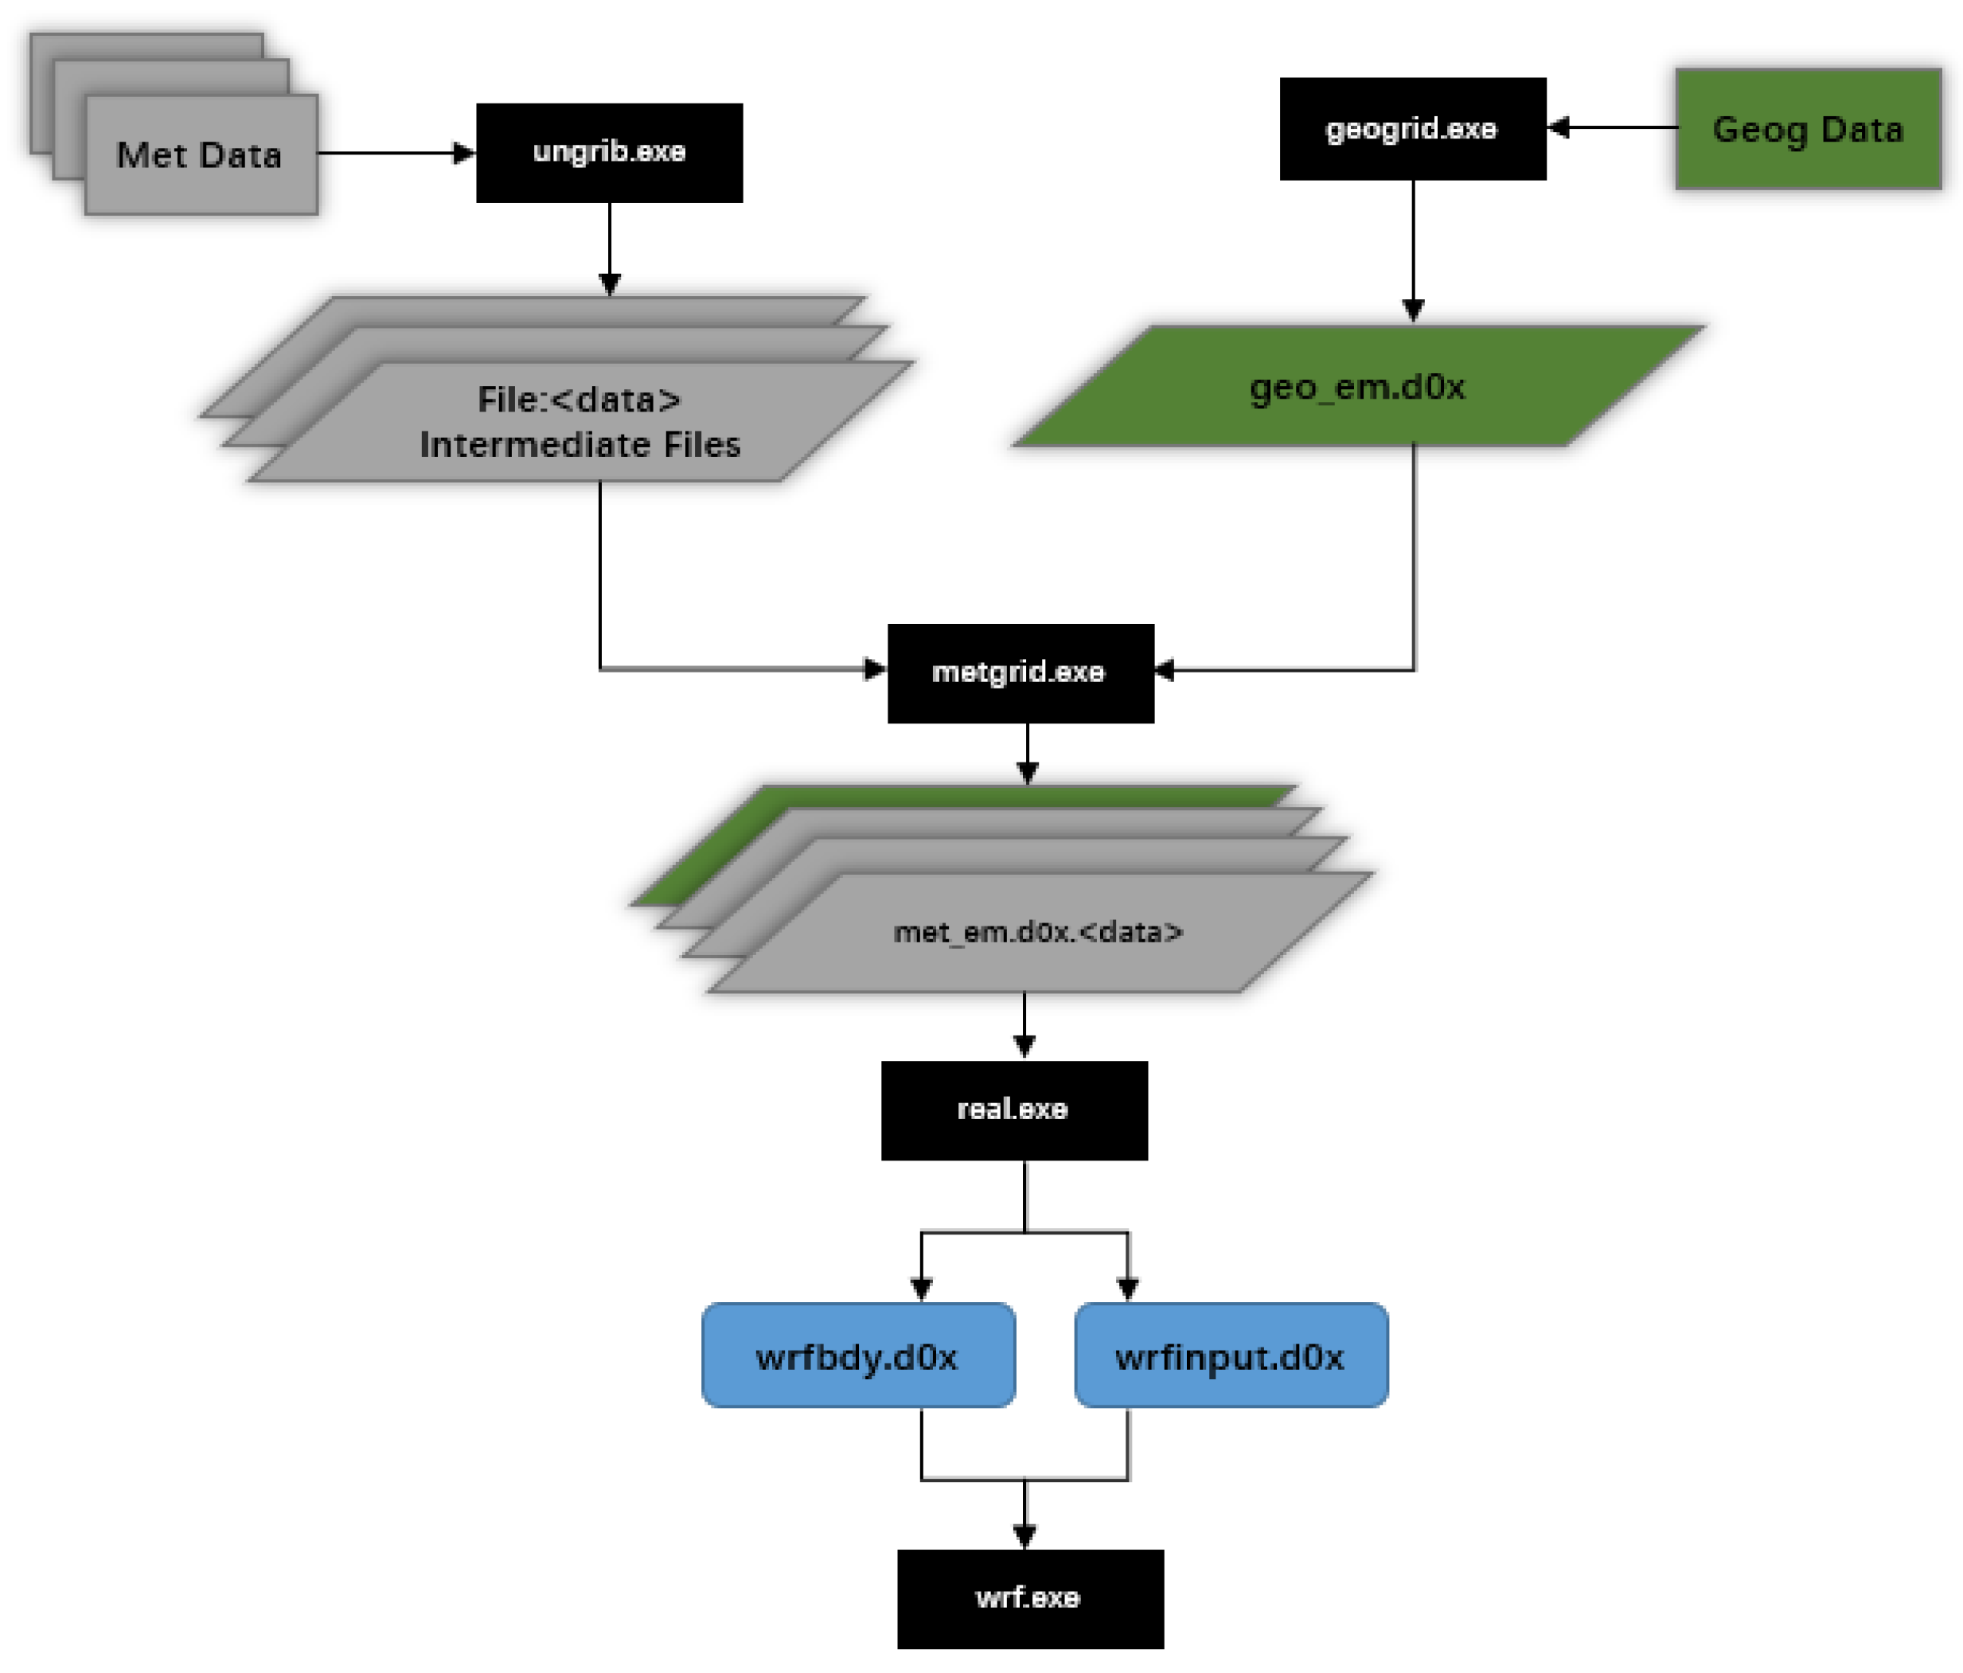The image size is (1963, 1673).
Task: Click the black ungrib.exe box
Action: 609,153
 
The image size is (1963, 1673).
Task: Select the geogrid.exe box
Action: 1411,129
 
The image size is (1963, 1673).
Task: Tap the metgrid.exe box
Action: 1020,673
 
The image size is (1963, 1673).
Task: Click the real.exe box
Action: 1013,1109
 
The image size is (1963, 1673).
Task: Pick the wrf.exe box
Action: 1030,1598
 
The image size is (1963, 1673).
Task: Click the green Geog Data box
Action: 1808,129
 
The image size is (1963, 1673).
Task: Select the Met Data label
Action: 199,155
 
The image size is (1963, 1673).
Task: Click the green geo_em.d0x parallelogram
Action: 1357,387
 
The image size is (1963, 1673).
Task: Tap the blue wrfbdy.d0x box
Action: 857,1355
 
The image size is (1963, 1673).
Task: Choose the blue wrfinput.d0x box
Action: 1230,1355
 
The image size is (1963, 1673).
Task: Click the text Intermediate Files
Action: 580,444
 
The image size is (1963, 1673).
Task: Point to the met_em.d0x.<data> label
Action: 1038,932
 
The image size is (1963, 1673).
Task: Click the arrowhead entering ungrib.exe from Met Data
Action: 464,153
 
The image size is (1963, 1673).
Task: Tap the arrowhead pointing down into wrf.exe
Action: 1024,1535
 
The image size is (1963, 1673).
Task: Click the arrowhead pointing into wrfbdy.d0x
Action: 921,1289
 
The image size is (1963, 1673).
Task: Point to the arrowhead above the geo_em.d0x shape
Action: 1413,310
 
